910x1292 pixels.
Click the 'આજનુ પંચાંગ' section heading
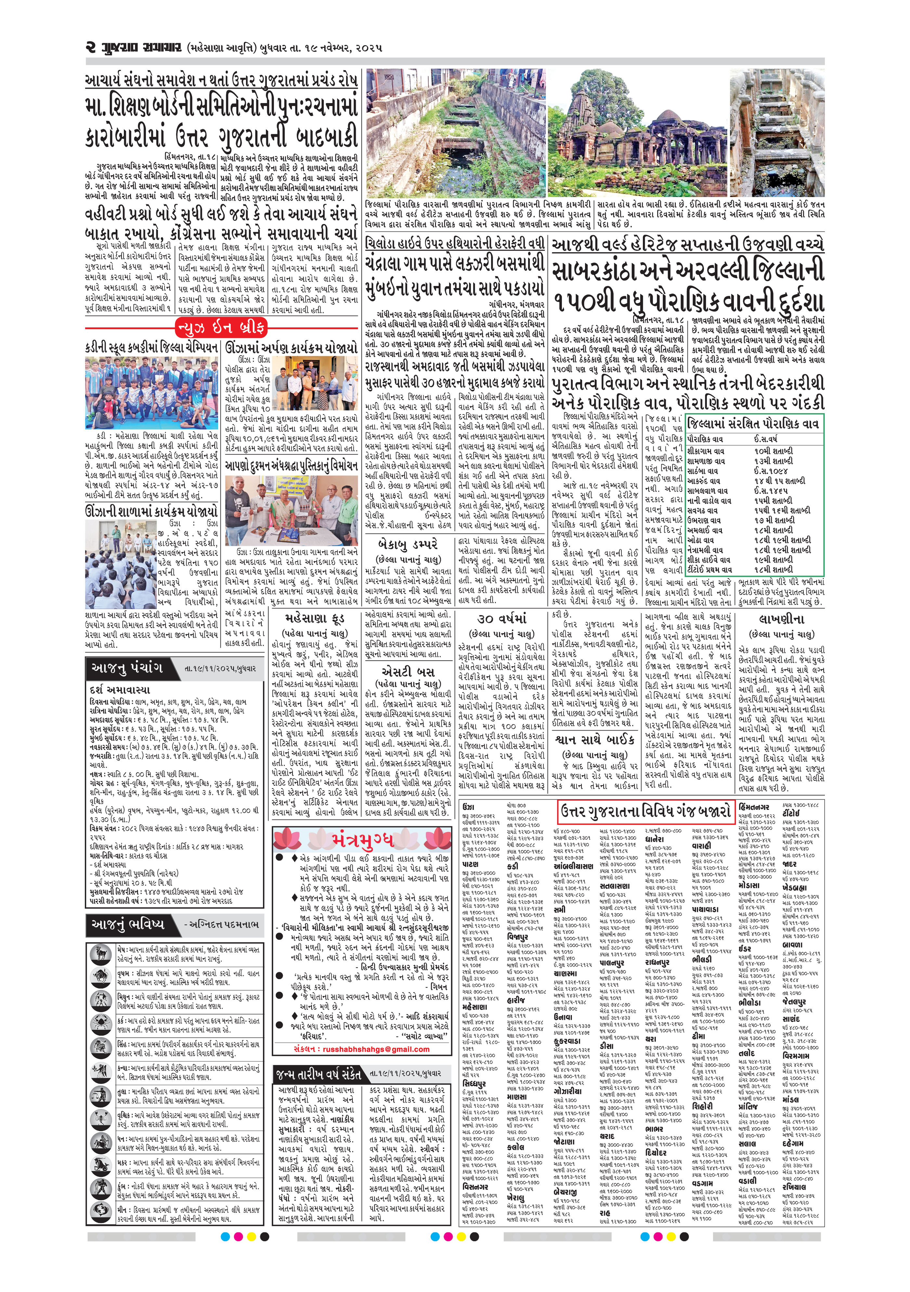click(x=126, y=668)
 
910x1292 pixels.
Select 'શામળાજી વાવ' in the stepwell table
click(x=707, y=461)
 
